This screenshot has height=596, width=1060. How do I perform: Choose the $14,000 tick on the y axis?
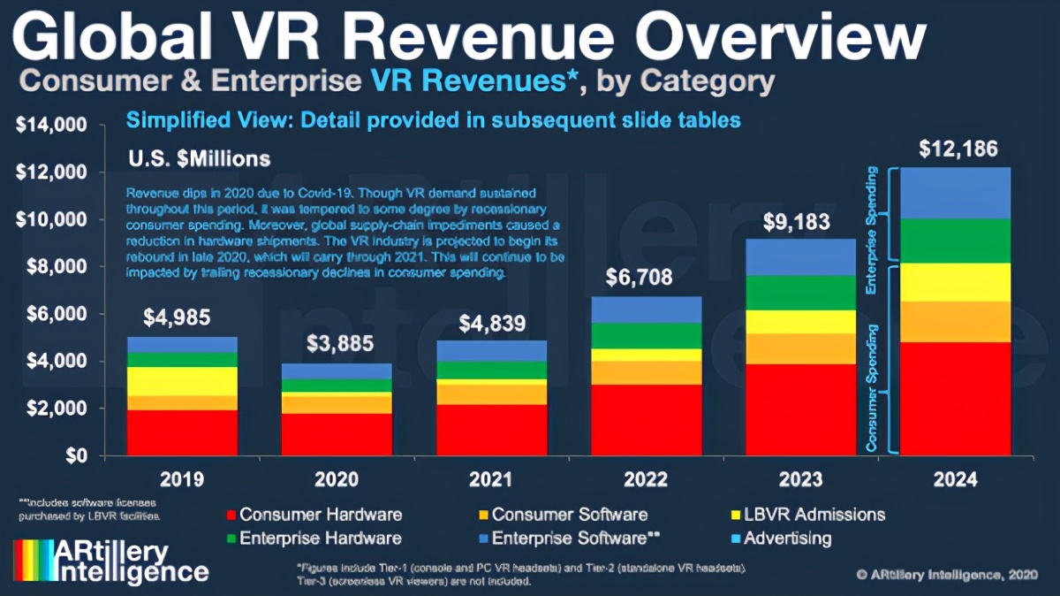[x=50, y=126]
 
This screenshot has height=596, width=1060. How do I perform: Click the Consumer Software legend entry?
[x=570, y=515]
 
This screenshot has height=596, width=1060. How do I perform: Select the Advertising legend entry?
[x=787, y=538]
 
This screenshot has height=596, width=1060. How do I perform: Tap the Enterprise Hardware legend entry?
[x=320, y=538]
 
